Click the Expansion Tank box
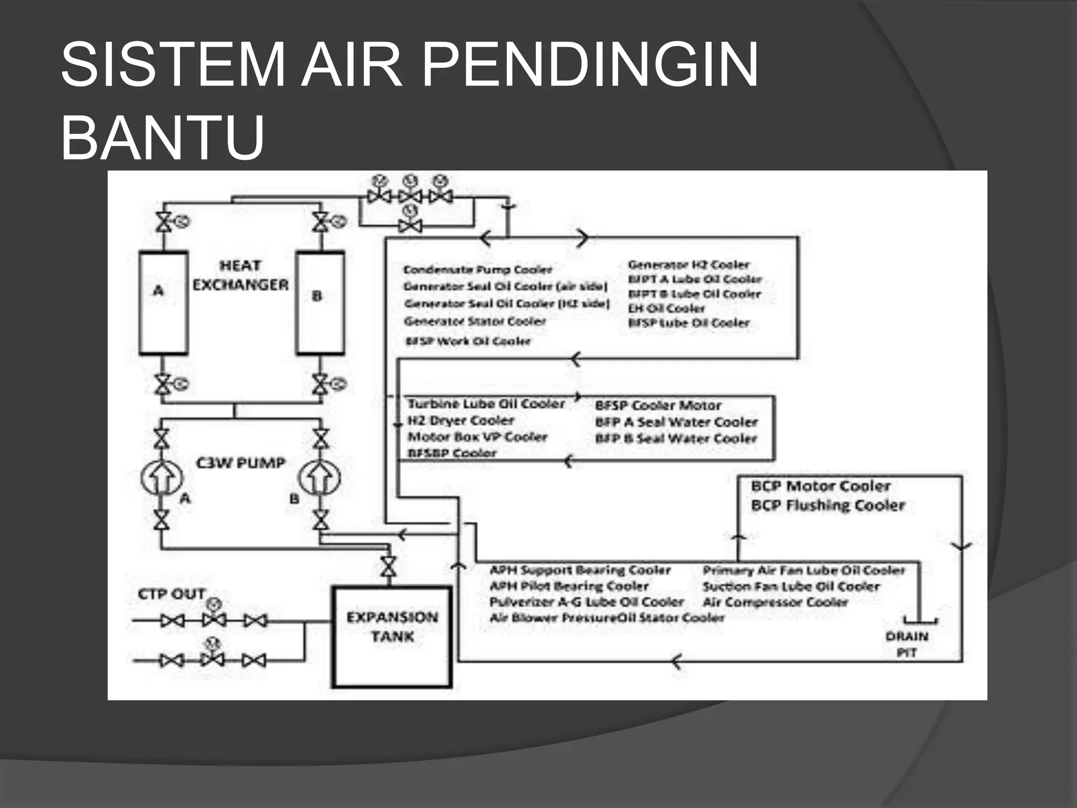(x=392, y=637)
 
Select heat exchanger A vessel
(x=164, y=302)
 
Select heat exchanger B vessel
(x=320, y=302)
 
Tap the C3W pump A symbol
(x=162, y=478)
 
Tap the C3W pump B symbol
(x=319, y=478)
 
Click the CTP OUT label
(x=171, y=594)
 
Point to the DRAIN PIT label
(x=907, y=644)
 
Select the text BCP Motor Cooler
(x=820, y=486)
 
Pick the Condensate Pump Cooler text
(x=477, y=270)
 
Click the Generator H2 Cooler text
(x=688, y=265)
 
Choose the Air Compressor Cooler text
(x=775, y=602)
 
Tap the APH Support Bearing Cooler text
(x=580, y=570)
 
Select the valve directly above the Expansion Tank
(x=389, y=567)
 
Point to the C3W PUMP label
(x=241, y=463)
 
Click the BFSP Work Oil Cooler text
(x=468, y=341)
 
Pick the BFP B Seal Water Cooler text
(x=676, y=438)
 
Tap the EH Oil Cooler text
(x=666, y=308)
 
